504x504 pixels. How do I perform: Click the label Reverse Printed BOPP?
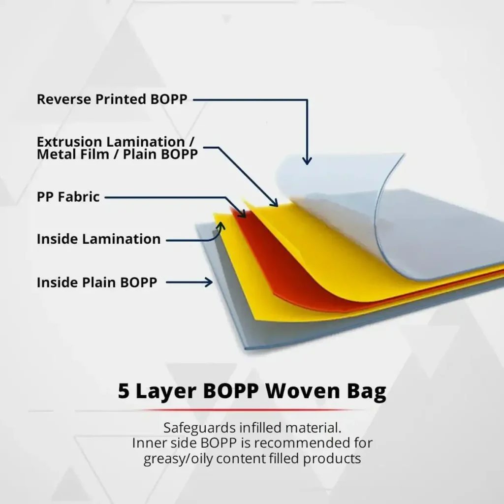click(x=112, y=99)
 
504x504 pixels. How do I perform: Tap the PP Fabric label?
click(x=68, y=197)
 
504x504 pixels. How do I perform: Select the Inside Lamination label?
click(x=98, y=239)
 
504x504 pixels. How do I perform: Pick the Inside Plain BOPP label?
click(x=97, y=282)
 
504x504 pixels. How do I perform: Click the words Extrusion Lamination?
click(x=111, y=142)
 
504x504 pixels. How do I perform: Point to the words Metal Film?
click(x=73, y=154)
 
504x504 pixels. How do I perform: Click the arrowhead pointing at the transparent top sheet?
click(x=307, y=160)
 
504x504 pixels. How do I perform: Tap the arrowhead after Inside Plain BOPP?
click(x=209, y=282)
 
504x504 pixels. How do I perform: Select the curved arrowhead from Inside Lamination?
click(x=221, y=226)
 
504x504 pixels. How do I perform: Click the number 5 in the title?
click(x=123, y=391)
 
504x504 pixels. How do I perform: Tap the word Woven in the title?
click(x=303, y=391)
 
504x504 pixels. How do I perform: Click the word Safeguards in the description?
click(x=199, y=428)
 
